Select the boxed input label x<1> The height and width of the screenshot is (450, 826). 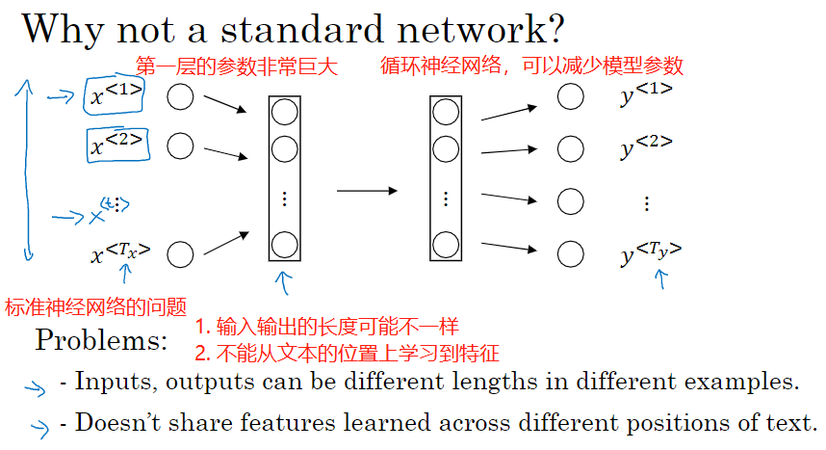click(116, 96)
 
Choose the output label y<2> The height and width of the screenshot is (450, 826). click(646, 147)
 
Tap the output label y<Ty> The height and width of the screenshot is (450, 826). click(650, 253)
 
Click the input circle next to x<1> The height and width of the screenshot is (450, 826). click(180, 96)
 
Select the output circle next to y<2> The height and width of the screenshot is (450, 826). click(571, 148)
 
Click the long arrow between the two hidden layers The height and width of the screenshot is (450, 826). click(367, 191)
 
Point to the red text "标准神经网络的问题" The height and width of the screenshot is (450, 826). click(95, 307)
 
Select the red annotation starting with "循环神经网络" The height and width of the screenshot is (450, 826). click(531, 66)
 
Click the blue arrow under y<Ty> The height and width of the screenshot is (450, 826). click(661, 278)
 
